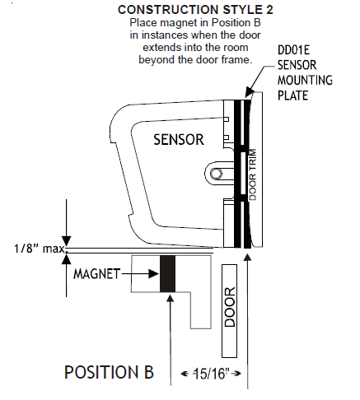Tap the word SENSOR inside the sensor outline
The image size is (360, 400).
pos(178,140)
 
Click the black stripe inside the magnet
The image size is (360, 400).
pos(168,273)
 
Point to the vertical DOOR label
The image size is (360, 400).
pos(230,306)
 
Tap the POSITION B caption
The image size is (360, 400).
pos(109,372)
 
